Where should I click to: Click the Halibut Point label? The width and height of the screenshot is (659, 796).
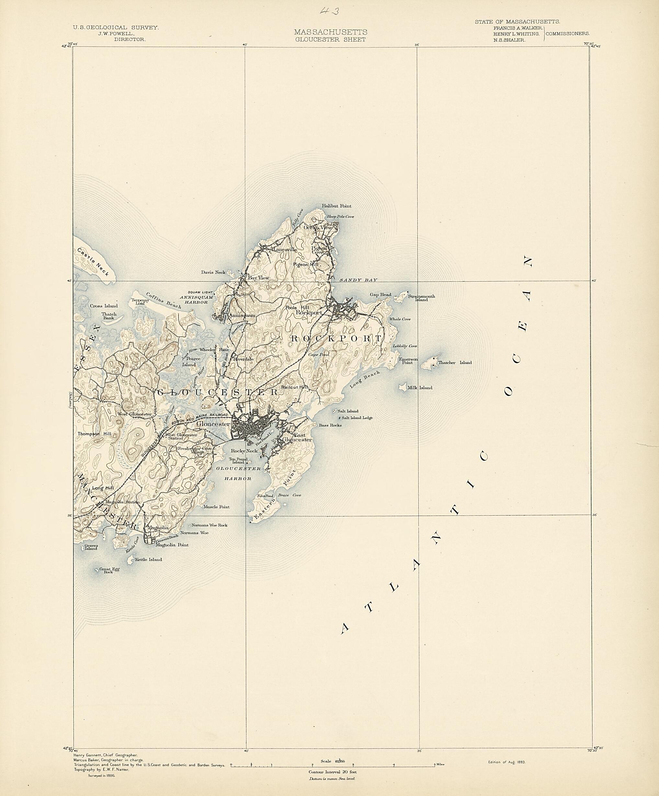tap(337, 206)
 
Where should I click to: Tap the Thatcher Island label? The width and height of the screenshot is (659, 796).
tap(455, 362)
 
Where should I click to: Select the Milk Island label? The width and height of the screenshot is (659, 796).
tap(419, 388)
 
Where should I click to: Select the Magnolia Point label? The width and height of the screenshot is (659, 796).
tap(174, 545)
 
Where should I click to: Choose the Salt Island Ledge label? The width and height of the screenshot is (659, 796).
tap(357, 418)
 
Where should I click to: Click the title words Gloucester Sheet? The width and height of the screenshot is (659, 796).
tap(330, 40)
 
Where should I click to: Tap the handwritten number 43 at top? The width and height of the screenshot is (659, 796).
tap(329, 11)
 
